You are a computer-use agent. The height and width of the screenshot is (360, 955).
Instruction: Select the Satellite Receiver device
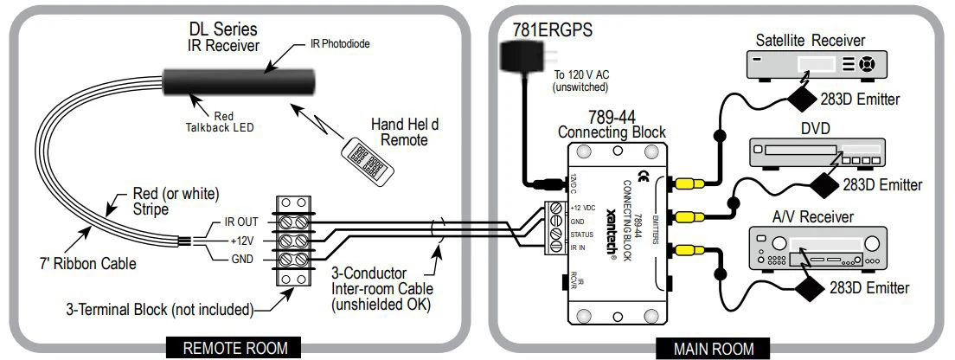[804, 65]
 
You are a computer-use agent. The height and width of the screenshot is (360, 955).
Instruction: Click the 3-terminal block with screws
[292, 241]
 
